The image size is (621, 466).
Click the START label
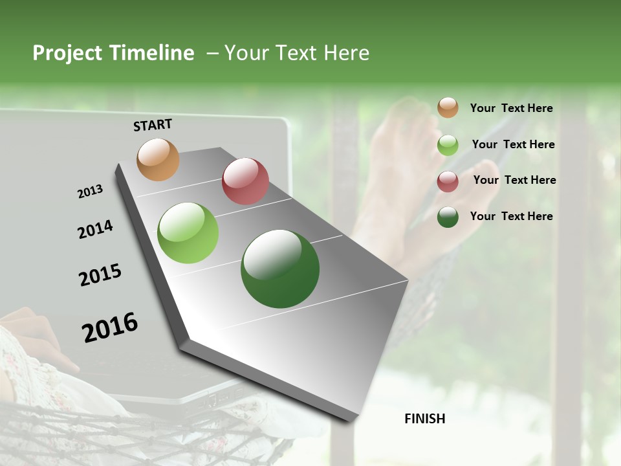point(153,125)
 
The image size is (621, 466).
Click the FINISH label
point(424,419)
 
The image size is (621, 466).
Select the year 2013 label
point(90,192)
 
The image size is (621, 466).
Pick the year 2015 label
point(100,275)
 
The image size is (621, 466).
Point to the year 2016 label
point(110,327)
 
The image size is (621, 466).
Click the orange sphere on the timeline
point(158,159)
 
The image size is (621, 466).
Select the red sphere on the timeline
point(245,181)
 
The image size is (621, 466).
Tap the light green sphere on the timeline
point(188,233)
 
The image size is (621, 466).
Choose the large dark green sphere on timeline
point(280,269)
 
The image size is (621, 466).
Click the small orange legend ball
point(448,107)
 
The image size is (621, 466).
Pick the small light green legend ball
point(448,145)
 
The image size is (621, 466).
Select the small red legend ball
point(448,181)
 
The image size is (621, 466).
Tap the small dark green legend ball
point(448,217)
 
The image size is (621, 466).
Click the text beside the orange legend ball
point(511,108)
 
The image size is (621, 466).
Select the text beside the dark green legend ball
point(511,216)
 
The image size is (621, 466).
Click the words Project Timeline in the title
point(113,53)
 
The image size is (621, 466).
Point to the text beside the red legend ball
point(514,180)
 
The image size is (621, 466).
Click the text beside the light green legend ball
point(513,144)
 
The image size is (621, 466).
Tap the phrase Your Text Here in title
point(297,53)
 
